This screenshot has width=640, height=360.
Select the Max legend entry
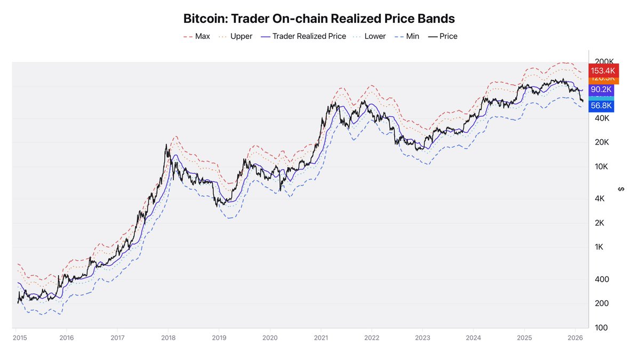pos(197,36)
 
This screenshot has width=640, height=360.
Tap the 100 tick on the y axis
pos(602,327)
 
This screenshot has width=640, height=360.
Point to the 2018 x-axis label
pos(169,338)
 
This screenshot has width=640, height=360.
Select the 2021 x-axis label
pos(321,338)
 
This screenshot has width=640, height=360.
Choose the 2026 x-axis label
pos(575,338)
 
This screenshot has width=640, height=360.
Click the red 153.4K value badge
pos(602,70)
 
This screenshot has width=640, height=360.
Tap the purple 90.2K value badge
pos(601,90)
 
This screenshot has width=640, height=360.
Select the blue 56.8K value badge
pos(601,106)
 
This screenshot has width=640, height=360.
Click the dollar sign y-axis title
pos(621,189)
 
